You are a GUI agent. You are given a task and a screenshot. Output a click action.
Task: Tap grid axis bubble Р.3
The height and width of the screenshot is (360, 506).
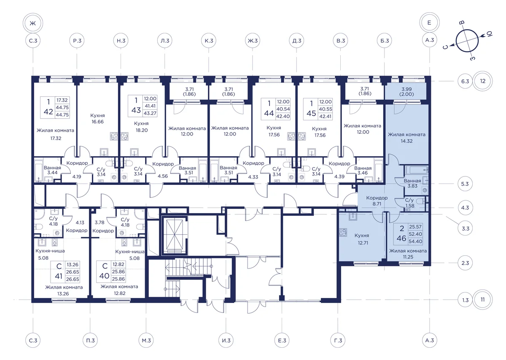(x=77, y=41)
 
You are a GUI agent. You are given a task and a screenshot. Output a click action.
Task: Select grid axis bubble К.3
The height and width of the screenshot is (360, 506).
(x=209, y=41)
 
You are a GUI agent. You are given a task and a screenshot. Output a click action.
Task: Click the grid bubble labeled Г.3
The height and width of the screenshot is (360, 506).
(x=338, y=340)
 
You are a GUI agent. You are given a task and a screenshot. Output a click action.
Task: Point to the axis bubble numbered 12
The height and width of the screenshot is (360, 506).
(x=482, y=81)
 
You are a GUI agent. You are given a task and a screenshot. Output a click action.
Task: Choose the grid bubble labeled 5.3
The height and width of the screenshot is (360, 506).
(x=465, y=184)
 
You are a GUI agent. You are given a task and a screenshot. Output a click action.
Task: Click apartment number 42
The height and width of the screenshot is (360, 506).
(x=48, y=112)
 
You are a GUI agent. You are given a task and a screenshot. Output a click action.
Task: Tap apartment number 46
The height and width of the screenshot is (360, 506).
(x=401, y=238)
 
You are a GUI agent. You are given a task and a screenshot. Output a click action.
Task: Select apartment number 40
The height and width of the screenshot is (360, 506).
(x=105, y=276)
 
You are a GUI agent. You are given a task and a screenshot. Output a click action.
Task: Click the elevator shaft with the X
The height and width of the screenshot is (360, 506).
(x=175, y=235)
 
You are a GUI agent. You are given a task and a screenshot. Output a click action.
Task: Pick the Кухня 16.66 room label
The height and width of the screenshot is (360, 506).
(x=97, y=119)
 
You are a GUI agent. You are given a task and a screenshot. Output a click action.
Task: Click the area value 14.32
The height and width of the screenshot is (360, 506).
(x=406, y=141)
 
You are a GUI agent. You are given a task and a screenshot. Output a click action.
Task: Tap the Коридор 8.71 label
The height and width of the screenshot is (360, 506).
(x=377, y=200)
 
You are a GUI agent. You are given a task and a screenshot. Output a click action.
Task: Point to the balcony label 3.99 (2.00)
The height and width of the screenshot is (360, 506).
(x=406, y=92)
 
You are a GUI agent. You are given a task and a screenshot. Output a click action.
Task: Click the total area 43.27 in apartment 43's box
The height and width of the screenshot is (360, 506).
(x=150, y=113)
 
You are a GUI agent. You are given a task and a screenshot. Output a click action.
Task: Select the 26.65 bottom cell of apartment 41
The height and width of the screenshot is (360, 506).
(x=73, y=279)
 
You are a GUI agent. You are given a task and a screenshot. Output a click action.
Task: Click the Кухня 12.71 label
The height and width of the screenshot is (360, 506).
(x=363, y=239)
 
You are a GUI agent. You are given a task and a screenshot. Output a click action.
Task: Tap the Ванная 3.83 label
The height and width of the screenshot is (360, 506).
(x=412, y=183)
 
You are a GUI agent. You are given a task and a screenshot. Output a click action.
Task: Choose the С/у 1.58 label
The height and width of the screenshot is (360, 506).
(x=409, y=203)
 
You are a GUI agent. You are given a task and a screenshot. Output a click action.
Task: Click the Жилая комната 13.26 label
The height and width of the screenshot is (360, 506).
(x=64, y=290)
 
